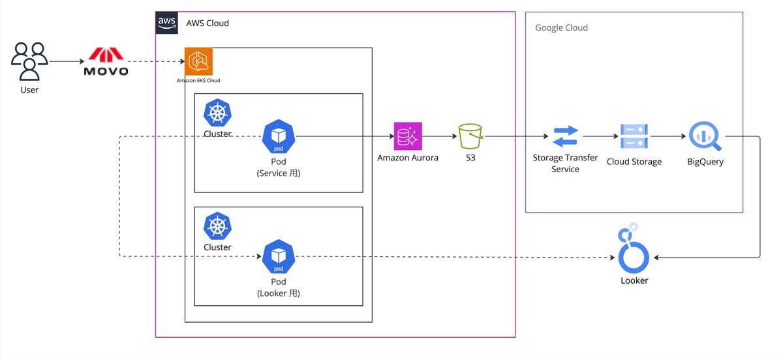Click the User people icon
coord(29,61)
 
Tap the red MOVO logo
coord(106,61)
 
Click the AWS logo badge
coord(167,23)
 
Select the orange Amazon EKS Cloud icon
coord(198,61)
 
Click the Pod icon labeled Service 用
coord(279,136)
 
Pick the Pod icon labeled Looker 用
coord(279,256)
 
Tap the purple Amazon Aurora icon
coord(408,136)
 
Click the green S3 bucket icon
coord(470,136)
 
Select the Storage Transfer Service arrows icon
coord(565,136)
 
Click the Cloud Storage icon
coord(634,136)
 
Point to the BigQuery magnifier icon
coord(705,136)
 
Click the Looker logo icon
coord(634,248)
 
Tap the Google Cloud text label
coord(561,27)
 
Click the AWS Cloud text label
coord(207,23)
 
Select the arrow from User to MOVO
coord(67,61)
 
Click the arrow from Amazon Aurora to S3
coord(440,136)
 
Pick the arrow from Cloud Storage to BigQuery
coord(668,136)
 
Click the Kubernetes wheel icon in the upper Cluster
coord(217,113)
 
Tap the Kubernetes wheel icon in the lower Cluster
coord(217,226)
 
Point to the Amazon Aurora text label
coord(408,158)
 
